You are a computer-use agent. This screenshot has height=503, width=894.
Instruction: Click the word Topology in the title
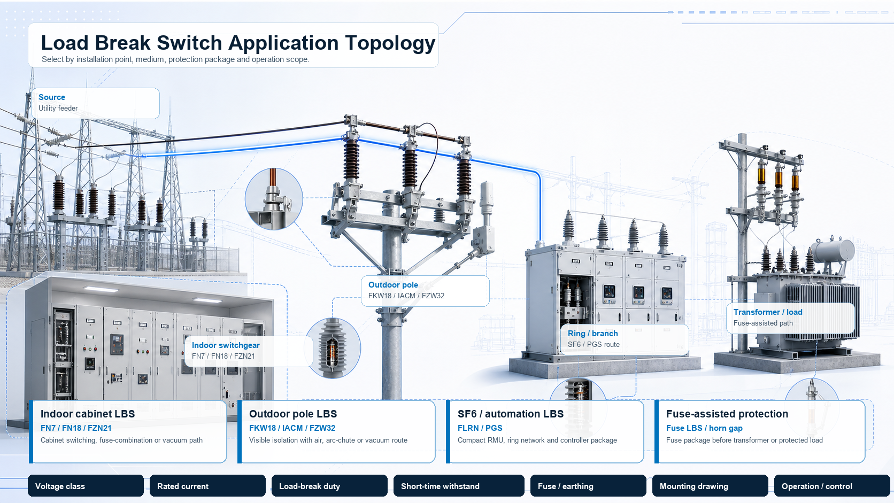coord(390,43)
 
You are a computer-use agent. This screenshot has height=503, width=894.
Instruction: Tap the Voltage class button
coord(86,486)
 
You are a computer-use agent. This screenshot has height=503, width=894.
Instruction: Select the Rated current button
coord(207,486)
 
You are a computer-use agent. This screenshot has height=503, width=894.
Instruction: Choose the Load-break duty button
coord(329,486)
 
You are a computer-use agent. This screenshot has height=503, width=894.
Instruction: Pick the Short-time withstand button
coord(459,486)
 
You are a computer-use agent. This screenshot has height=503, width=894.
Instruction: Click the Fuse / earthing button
coord(588,486)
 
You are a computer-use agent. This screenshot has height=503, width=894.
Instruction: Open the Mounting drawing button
coord(710,486)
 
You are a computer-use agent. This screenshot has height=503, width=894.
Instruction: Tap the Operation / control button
coord(832,486)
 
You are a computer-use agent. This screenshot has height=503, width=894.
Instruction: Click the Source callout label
coord(52,97)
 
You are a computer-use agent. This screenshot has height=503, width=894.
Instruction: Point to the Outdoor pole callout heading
coord(393,285)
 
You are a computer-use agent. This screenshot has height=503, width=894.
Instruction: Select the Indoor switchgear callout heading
coord(226,345)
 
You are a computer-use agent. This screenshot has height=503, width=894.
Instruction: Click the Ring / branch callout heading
coord(592,334)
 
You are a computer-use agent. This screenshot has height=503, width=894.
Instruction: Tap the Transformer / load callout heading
coord(768,312)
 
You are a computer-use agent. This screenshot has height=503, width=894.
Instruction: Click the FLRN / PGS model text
coord(480,428)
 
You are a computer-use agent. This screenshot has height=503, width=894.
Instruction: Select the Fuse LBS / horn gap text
coord(704,428)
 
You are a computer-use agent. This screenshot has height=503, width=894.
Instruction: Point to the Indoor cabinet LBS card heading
coord(88,414)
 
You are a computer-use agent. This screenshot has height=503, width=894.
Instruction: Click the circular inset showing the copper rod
coord(274,199)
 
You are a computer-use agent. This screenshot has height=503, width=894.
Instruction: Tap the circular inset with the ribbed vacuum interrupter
coord(333,348)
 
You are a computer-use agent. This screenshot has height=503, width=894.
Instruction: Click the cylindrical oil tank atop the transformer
coord(834,251)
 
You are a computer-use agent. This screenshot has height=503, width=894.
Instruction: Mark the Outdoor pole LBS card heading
coord(293,414)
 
